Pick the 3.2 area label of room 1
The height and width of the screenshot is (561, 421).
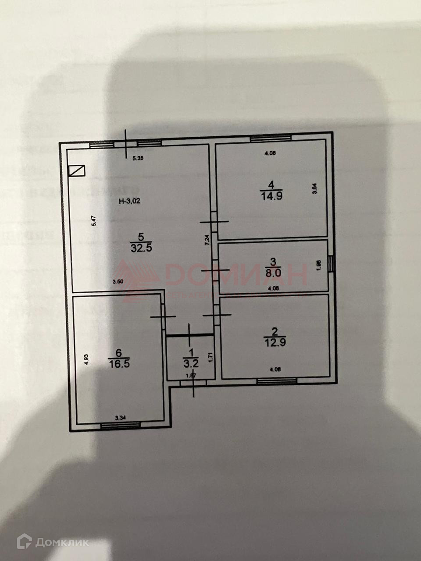(x=191, y=363)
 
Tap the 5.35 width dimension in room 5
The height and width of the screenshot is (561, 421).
(x=138, y=159)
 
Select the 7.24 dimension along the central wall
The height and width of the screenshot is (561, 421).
(x=207, y=240)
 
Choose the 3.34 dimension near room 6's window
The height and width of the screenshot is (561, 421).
(x=120, y=418)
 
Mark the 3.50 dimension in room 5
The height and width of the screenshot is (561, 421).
(x=118, y=282)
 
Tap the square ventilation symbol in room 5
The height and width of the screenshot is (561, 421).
(x=77, y=171)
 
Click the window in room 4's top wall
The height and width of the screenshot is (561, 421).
(x=271, y=138)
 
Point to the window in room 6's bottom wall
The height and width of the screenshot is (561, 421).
(x=120, y=424)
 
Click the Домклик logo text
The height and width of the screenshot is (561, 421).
(x=62, y=543)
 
